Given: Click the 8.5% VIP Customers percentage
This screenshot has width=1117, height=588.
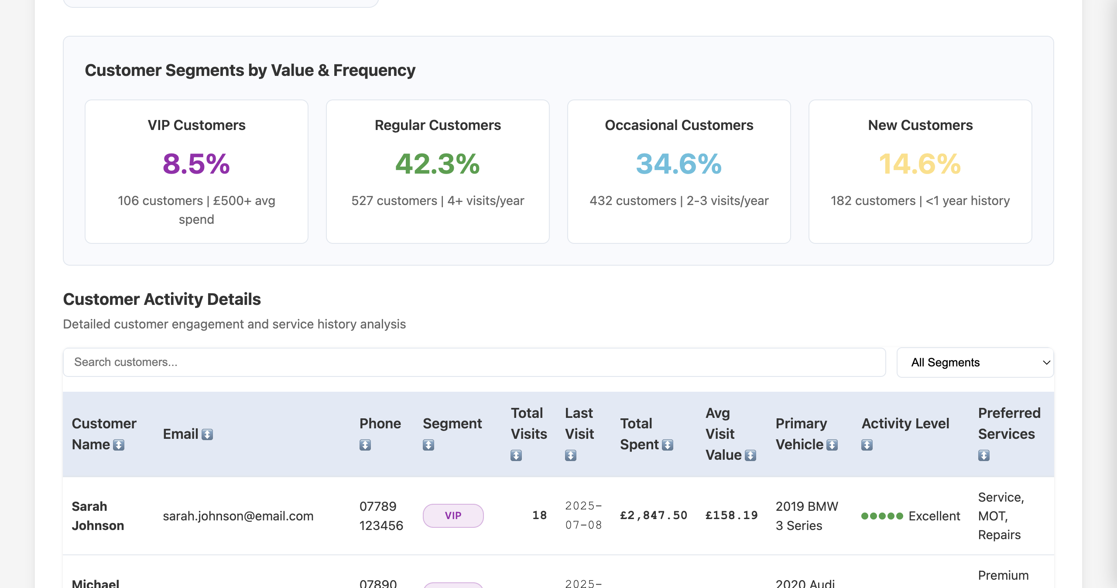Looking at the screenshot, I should [x=196, y=164].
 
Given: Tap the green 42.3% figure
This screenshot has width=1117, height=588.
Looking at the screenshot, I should [x=438, y=164].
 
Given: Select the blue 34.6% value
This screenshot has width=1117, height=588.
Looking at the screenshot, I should [x=679, y=164].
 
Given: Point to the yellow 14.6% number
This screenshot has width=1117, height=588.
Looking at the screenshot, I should [x=920, y=164].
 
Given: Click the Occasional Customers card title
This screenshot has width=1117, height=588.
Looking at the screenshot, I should [x=679, y=125].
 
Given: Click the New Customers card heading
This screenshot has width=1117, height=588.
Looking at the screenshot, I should [x=920, y=125].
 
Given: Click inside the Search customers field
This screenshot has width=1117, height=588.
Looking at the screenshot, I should [x=474, y=362].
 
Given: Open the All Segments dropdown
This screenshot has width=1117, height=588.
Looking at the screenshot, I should [x=975, y=362].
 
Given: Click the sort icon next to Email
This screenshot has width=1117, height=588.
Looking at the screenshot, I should [x=207, y=434].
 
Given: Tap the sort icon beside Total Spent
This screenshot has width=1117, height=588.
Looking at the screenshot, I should [x=668, y=445].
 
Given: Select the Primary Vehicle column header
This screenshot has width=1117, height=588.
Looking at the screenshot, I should [x=801, y=434].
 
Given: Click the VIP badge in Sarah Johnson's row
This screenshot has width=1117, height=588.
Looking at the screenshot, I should [x=453, y=516].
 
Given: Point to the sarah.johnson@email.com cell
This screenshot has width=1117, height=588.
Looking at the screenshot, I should [x=238, y=516].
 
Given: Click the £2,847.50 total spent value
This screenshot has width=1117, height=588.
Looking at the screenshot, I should [x=654, y=516].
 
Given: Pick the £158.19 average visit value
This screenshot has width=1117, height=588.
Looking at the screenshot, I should [x=732, y=516].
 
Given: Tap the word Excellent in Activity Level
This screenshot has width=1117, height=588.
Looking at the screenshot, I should [x=934, y=516].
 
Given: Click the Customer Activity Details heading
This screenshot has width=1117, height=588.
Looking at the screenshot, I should [x=162, y=299].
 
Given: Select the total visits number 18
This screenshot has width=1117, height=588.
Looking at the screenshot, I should [x=539, y=516].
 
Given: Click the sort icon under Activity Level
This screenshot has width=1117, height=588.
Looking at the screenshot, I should [x=867, y=445].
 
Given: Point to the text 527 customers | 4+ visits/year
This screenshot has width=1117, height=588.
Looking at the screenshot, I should [x=438, y=201].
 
